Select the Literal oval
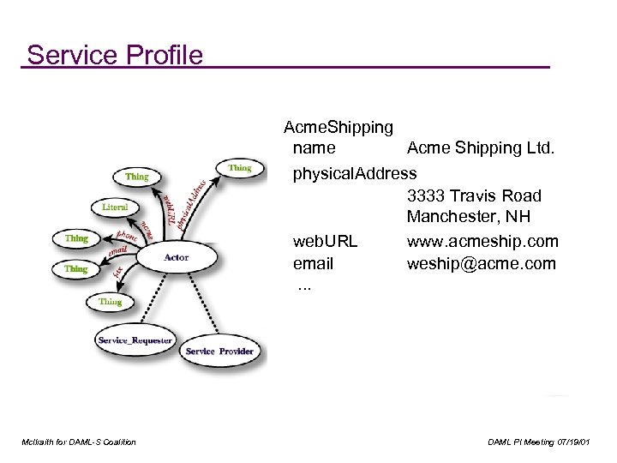point(115,207)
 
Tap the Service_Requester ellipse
point(135,340)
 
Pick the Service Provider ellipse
point(219,352)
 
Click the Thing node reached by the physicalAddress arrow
point(239,168)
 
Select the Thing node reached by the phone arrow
point(76,238)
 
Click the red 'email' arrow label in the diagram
point(117,250)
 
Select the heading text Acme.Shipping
point(338,128)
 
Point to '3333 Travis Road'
point(474,196)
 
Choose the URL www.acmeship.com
point(482,241)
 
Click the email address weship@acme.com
point(481,263)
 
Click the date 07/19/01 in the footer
point(572,442)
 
